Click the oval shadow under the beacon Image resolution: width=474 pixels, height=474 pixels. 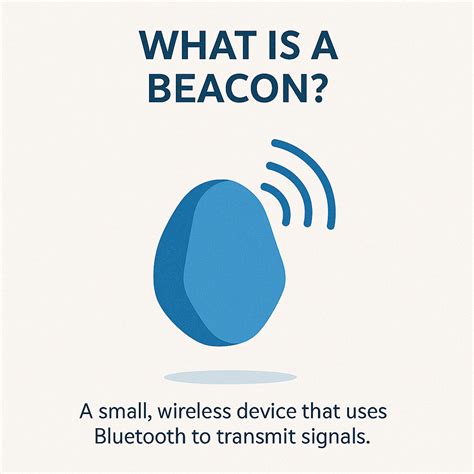click(231, 377)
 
